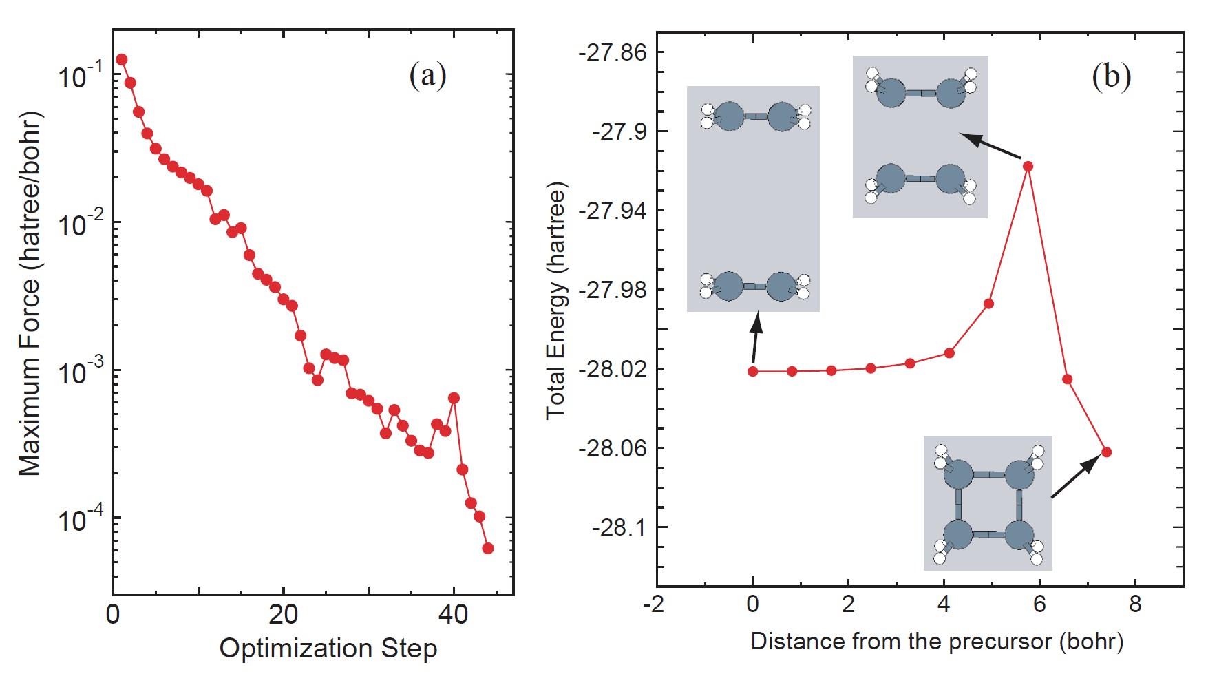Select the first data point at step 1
[x=122, y=60]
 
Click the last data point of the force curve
[x=488, y=548]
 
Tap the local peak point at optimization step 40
[x=454, y=398]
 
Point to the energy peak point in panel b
[x=1028, y=166]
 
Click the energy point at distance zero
[x=753, y=371]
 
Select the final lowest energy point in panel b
[x=1106, y=452]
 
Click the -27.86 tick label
[x=613, y=52]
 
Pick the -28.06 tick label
[x=613, y=448]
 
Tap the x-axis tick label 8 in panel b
[x=1135, y=604]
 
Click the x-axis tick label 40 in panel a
[x=453, y=614]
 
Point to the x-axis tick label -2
[x=653, y=604]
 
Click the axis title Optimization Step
[x=328, y=649]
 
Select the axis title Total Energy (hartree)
[x=555, y=300]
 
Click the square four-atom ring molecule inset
[x=988, y=503]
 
